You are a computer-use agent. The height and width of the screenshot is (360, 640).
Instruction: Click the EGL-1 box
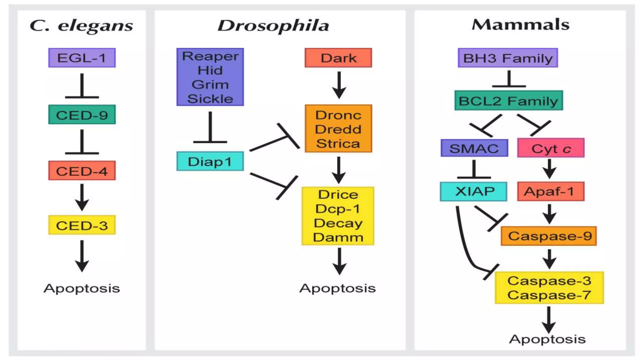pos(82,58)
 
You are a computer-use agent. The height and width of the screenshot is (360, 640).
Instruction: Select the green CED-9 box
pos(82,115)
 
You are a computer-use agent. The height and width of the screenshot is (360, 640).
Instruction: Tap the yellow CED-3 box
pos(82,225)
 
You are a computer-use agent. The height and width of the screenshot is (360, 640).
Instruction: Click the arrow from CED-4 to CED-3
pos(82,197)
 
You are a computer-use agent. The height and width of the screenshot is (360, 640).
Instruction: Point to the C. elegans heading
pos(81,25)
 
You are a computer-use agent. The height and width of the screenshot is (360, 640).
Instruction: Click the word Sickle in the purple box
pos(210,99)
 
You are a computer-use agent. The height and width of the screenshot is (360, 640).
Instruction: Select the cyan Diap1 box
pos(210,161)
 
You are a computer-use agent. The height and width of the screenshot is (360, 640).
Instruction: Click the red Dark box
pos(338,58)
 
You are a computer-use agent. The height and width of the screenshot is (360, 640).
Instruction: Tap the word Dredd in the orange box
pos(338,129)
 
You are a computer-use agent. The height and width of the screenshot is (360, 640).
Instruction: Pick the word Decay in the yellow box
pos(338,223)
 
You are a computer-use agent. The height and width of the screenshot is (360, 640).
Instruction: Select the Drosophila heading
pos(273,25)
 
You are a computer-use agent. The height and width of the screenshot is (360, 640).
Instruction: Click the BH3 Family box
pos(508,58)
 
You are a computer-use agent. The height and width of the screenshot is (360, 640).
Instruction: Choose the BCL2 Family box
pos(508,101)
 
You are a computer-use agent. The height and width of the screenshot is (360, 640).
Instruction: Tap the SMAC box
pos(474,148)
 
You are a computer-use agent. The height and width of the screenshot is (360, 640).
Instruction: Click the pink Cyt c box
pos(551,148)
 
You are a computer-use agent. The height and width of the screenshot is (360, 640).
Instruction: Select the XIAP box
pos(473,191)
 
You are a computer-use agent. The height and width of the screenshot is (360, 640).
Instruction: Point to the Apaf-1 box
pos(551,191)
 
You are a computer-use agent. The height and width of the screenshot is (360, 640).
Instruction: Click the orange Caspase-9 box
pos(549,236)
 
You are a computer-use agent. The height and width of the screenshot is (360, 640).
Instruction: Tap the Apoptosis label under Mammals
pos(547,339)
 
